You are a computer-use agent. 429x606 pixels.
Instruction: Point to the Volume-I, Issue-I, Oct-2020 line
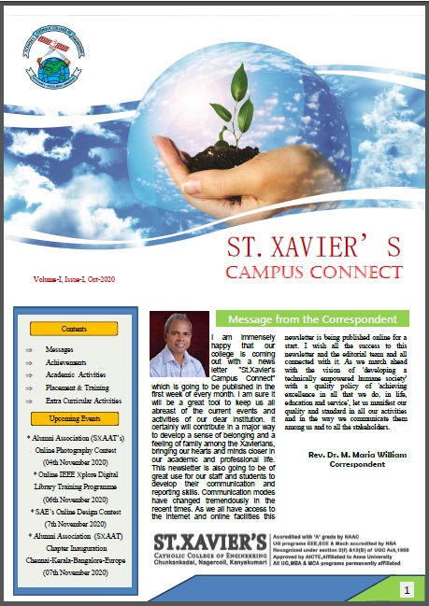[74, 279]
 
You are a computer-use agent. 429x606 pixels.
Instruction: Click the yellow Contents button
[74, 329]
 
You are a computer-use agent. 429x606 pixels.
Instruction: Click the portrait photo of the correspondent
[179, 345]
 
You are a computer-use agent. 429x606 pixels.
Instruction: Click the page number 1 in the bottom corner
[408, 589]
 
